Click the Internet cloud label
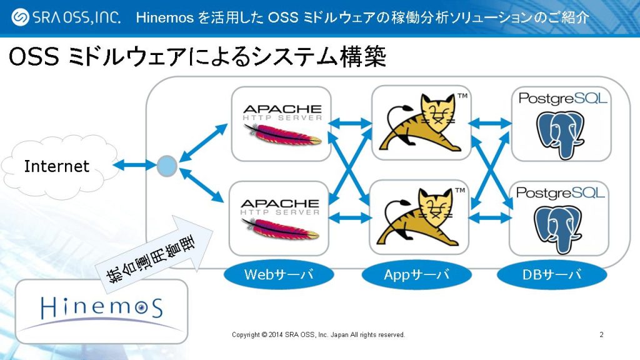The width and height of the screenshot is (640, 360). pyautogui.click(x=57, y=166)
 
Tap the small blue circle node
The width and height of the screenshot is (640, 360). pyautogui.click(x=167, y=166)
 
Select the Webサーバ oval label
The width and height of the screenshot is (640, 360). pyautogui.click(x=279, y=274)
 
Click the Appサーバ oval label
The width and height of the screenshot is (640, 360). pyautogui.click(x=416, y=274)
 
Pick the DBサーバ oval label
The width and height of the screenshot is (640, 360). pyautogui.click(x=552, y=274)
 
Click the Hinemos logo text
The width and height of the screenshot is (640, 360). pyautogui.click(x=102, y=307)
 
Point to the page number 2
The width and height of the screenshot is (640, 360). pyautogui.click(x=601, y=335)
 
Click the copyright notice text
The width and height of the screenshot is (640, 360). pyautogui.click(x=318, y=335)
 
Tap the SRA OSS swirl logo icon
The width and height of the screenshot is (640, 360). pyautogui.click(x=20, y=17)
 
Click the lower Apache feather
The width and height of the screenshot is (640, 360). pyautogui.click(x=280, y=229)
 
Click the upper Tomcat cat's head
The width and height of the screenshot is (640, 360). pyautogui.click(x=438, y=111)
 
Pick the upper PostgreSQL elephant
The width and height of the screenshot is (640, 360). pyautogui.click(x=560, y=135)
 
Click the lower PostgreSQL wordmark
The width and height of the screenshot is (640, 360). pyautogui.click(x=560, y=192)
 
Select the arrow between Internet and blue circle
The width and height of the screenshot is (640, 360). pyautogui.click(x=134, y=165)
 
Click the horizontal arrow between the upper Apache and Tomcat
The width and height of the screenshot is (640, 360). pyautogui.click(x=351, y=123)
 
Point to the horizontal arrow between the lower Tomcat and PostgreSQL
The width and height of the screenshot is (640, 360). pyautogui.click(x=490, y=218)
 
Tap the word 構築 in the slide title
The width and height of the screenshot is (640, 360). pyautogui.click(x=363, y=56)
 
